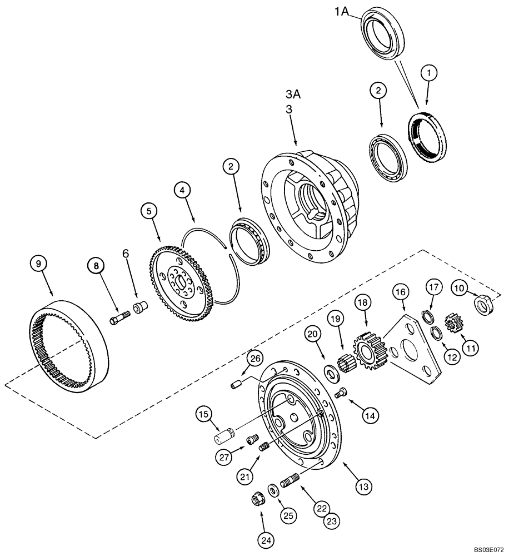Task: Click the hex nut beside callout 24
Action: pyautogui.click(x=257, y=501)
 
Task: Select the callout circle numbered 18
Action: pyautogui.click(x=363, y=302)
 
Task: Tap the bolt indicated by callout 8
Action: pyautogui.click(x=118, y=321)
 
